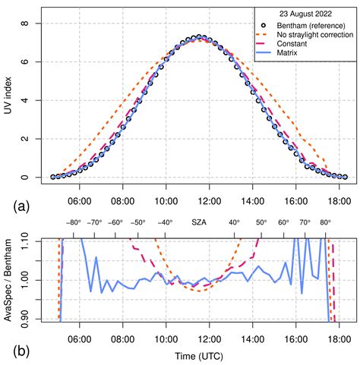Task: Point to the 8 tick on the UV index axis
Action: click(26, 24)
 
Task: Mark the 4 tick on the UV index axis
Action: click(26, 100)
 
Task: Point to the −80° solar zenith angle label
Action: click(73, 223)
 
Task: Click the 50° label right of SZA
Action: click(261, 223)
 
